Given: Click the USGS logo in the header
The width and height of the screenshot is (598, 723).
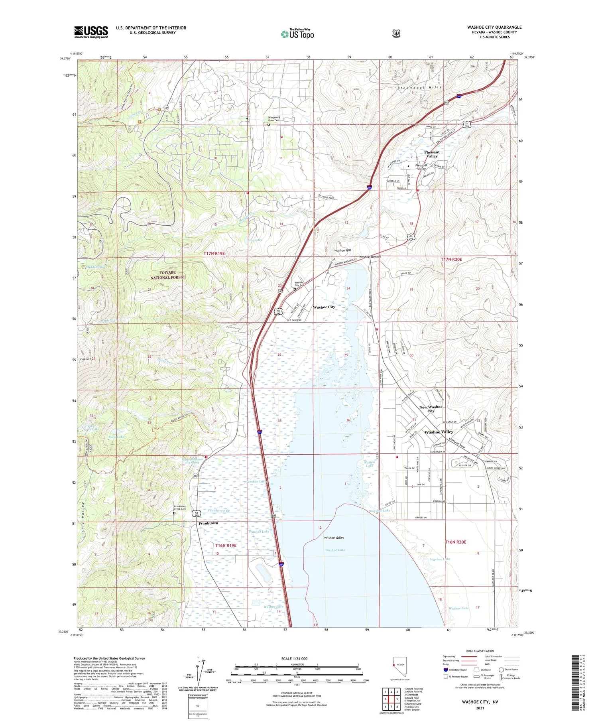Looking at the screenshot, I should (x=91, y=32).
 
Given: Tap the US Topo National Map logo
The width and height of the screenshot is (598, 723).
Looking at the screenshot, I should (x=297, y=34).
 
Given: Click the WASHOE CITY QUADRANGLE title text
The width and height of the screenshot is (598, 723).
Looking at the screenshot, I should (x=488, y=27).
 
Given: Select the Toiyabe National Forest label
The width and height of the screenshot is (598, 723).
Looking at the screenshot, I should (x=167, y=275).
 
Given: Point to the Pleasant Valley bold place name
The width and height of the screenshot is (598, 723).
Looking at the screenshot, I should (x=432, y=154).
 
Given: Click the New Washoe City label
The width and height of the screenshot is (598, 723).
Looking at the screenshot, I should (x=431, y=409).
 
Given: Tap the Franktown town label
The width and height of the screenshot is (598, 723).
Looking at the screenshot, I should (x=208, y=523).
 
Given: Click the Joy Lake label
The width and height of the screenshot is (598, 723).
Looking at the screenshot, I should (x=255, y=240).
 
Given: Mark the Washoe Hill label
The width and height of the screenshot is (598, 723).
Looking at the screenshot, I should (x=342, y=250).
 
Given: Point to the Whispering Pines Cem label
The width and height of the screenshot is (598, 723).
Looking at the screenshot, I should (x=274, y=119).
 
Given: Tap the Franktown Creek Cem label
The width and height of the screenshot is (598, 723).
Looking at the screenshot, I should (x=180, y=507).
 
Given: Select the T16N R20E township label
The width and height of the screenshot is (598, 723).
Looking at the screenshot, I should (x=455, y=542).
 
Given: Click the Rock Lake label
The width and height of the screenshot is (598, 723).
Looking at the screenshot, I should (x=116, y=437).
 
